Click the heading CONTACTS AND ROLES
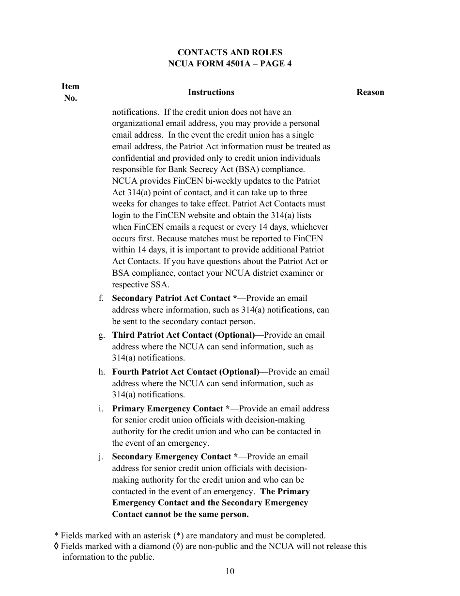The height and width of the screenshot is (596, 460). pyautogui.click(x=230, y=52)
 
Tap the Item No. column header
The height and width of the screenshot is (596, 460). pyautogui.click(x=70, y=92)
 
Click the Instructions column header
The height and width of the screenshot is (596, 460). pyautogui.click(x=211, y=92)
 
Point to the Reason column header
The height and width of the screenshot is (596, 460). pyautogui.click(x=370, y=92)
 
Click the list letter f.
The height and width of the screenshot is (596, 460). pyautogui.click(x=101, y=298)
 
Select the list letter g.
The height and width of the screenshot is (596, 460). pyautogui.click(x=101, y=335)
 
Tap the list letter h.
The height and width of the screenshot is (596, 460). pyautogui.click(x=101, y=372)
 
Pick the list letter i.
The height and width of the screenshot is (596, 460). pyautogui.click(x=100, y=409)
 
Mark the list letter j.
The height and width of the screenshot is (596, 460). pyautogui.click(x=100, y=457)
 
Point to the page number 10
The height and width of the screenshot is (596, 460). pyautogui.click(x=230, y=571)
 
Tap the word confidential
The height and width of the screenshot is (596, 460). pyautogui.click(x=137, y=158)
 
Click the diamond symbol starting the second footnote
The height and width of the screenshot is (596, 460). pyautogui.click(x=57, y=547)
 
